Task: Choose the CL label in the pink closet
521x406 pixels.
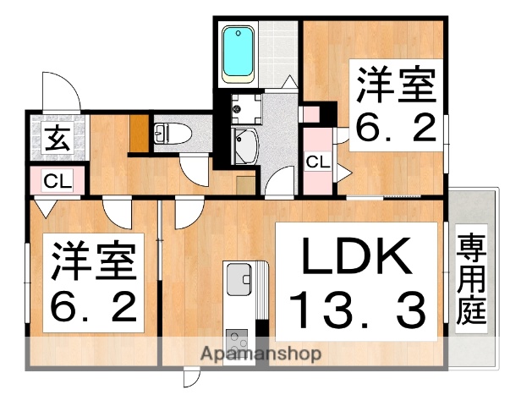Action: point(318,161)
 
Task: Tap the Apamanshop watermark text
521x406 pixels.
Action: point(260,354)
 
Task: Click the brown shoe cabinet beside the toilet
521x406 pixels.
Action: point(138,133)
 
